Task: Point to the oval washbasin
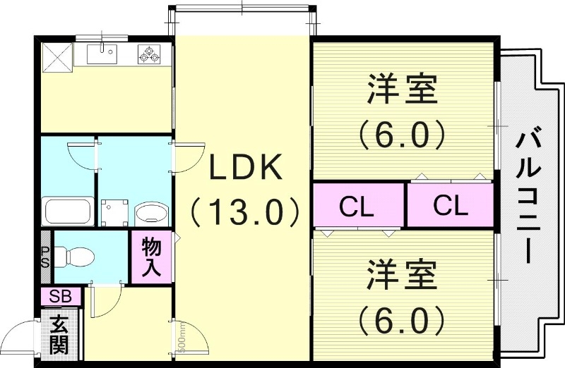click(150, 211)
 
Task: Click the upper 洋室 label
click(401, 92)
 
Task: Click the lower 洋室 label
click(401, 275)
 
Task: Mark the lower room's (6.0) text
click(401, 321)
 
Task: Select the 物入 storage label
click(151, 257)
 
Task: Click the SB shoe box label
click(61, 297)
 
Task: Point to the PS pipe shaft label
click(44, 257)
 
